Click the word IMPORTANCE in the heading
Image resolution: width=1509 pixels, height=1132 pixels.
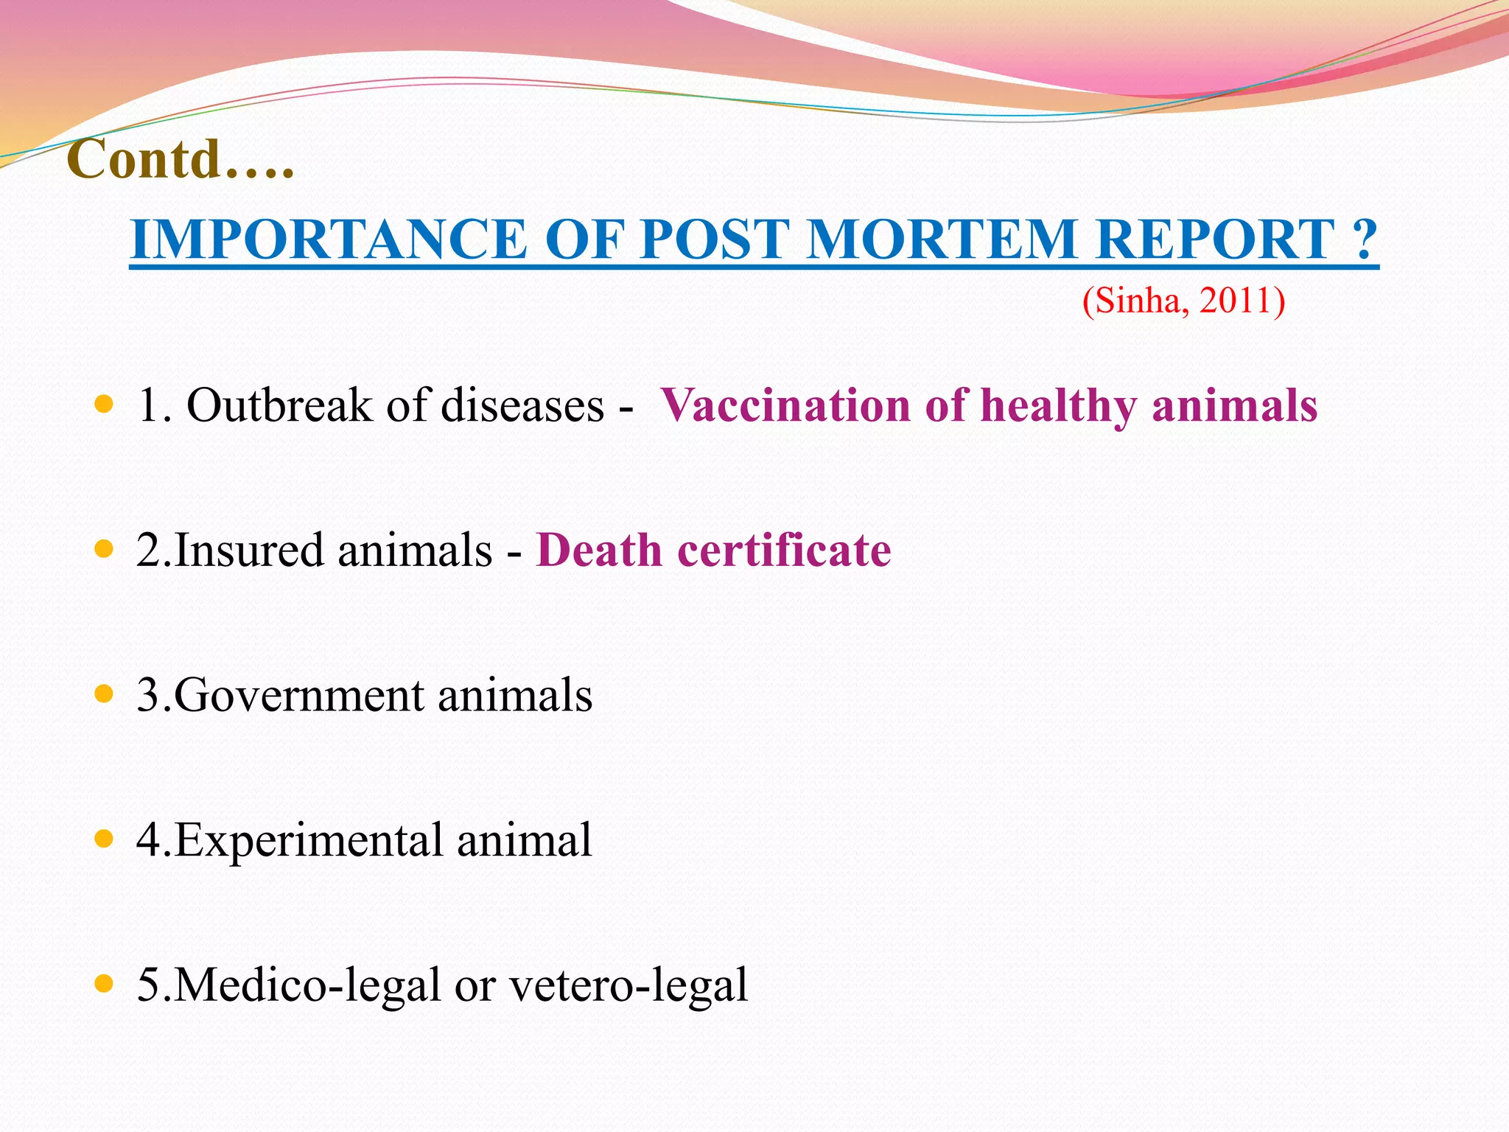(328, 240)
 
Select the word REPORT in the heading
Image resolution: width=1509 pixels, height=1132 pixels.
(1216, 240)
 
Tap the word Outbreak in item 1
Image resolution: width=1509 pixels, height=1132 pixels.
(279, 405)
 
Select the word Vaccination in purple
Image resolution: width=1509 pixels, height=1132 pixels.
(785, 405)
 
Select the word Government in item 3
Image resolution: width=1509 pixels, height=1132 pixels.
(299, 695)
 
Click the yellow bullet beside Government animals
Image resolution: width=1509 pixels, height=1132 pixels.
(105, 693)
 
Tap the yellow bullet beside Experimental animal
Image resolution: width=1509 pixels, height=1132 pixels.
(105, 839)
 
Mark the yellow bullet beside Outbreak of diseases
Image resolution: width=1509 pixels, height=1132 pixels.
(105, 405)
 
